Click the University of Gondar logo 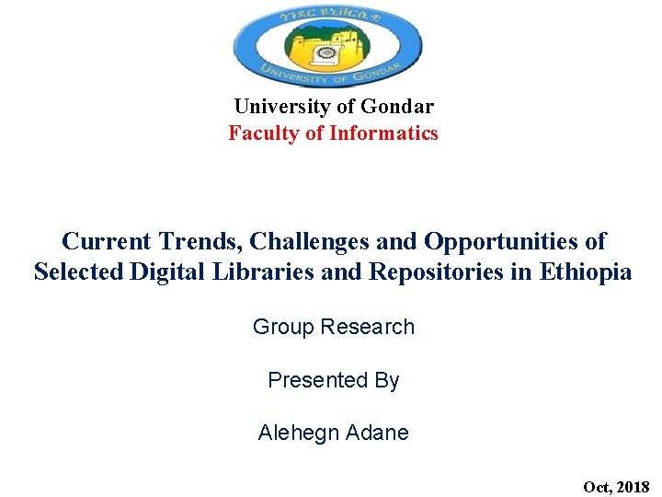click(327, 46)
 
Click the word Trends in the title click(194, 242)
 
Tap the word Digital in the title click(164, 272)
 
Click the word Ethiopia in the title click(587, 272)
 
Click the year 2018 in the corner click(633, 486)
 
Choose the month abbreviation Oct click(596, 486)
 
